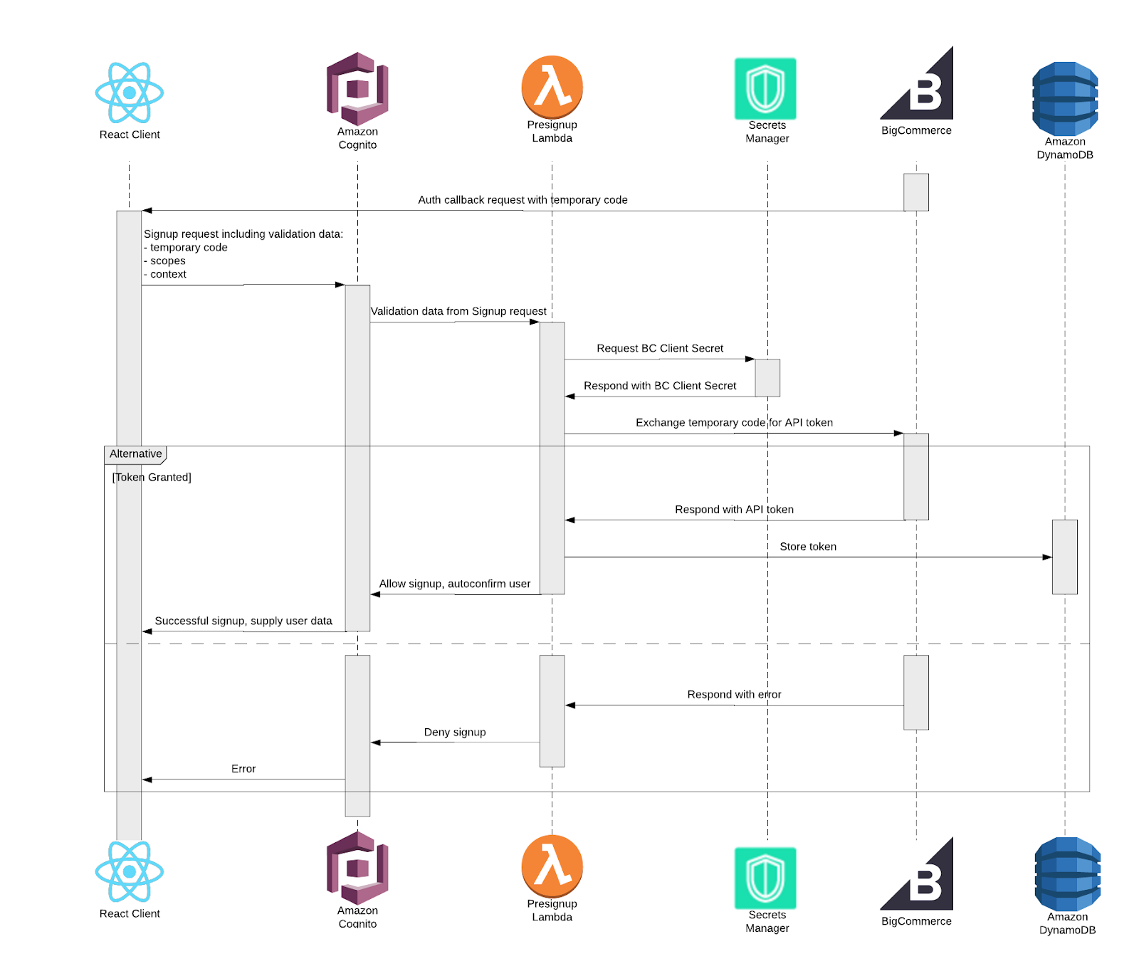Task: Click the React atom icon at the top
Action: coord(130,93)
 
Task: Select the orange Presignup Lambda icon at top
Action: coord(552,87)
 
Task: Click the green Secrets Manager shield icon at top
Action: coord(765,88)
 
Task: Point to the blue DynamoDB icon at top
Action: coord(1065,99)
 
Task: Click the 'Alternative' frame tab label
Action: coord(135,454)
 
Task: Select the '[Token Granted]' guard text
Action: coord(152,478)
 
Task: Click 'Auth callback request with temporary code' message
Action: coord(523,200)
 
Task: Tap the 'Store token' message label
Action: coord(808,547)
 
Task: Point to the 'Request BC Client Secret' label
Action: coord(660,349)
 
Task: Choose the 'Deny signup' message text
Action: coord(455,733)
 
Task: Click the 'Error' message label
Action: coord(243,769)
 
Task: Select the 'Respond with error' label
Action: coord(734,695)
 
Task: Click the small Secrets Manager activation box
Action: coord(767,378)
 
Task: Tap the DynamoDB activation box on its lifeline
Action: coord(1064,557)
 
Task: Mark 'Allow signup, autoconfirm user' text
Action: coord(455,584)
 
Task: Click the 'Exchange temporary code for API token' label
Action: coord(734,423)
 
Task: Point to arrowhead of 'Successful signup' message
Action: coord(147,631)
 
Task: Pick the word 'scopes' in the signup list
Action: coord(168,261)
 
